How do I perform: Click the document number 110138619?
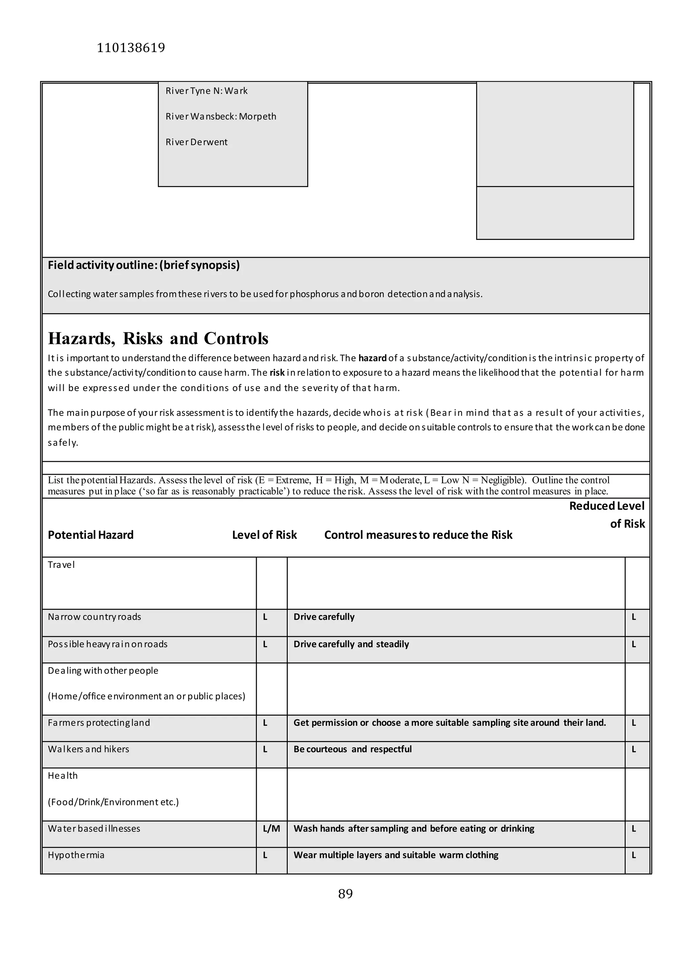[131, 48]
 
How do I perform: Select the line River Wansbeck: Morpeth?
[220, 116]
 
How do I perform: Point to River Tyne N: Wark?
[206, 91]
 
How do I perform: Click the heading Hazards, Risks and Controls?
[158, 338]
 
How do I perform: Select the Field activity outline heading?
[144, 265]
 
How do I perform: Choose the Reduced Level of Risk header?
[607, 514]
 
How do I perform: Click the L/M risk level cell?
[271, 829]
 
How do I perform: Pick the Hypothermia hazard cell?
[76, 855]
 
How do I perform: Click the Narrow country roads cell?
[94, 617]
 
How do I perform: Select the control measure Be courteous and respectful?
[353, 749]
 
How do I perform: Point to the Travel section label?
[61, 565]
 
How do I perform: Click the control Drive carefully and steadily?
[351, 644]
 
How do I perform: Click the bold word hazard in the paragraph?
[372, 358]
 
